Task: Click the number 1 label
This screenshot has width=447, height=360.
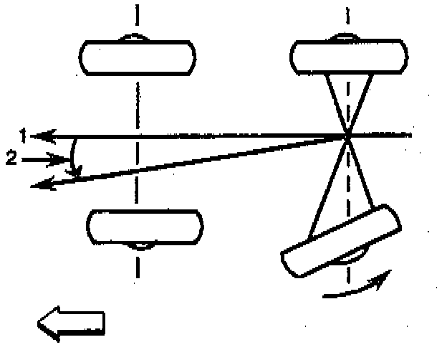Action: [x=24, y=134]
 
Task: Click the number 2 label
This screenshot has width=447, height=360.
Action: [x=11, y=158]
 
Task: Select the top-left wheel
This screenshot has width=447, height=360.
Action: [x=137, y=57]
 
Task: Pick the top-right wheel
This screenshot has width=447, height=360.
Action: [x=347, y=57]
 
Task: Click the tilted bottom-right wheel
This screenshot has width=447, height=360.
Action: [x=342, y=240]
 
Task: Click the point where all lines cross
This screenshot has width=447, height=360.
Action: [x=347, y=135]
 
